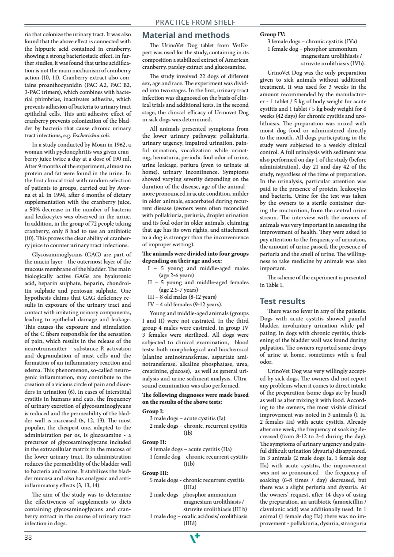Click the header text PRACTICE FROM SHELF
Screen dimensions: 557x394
click(195, 22)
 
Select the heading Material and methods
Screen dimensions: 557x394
click(186, 35)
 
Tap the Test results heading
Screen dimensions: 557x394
click(282, 301)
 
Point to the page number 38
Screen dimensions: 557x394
click(28, 537)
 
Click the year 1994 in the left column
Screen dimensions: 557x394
click(51, 188)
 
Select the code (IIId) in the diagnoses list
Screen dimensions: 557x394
click(190, 523)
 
